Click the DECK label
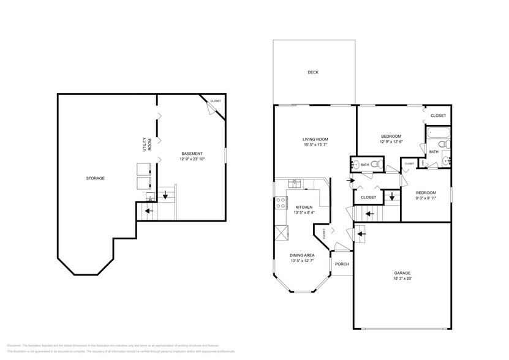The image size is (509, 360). [313, 72]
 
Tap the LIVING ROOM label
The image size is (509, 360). [315, 138]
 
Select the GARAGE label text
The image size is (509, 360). [402, 273]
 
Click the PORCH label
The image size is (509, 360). [342, 264]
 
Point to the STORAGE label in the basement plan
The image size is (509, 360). [95, 178]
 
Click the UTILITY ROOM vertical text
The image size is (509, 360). [146, 144]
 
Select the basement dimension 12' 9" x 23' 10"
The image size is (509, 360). [192, 159]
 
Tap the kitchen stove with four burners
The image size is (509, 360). [281, 203]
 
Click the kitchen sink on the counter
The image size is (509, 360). [294, 182]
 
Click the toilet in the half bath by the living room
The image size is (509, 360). [377, 164]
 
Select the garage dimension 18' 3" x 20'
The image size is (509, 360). [402, 279]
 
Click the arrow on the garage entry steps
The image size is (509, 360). [361, 233]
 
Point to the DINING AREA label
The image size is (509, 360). [303, 255]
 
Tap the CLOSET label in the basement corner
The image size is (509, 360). [216, 101]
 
